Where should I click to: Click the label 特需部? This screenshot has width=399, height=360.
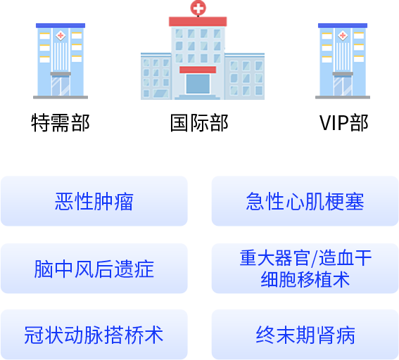click(x=61, y=123)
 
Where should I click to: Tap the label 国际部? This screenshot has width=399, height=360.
click(x=199, y=123)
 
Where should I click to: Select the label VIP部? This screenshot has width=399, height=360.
click(x=344, y=123)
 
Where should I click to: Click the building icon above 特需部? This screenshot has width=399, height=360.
click(x=61, y=61)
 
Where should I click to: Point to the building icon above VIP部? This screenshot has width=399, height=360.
click(x=343, y=61)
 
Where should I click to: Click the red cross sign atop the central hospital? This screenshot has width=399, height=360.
click(x=198, y=8)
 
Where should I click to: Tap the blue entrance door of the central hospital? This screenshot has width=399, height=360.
click(x=198, y=84)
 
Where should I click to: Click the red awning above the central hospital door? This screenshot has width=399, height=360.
click(x=198, y=70)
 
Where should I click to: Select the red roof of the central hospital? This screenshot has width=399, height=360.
click(x=198, y=22)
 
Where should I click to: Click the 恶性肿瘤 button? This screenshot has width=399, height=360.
click(x=94, y=201)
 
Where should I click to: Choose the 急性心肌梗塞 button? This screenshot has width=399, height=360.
click(x=305, y=201)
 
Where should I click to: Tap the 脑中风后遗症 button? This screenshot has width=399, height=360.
click(x=94, y=269)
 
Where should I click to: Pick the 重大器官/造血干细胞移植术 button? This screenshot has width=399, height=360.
click(x=305, y=269)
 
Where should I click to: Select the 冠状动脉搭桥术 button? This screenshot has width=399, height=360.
click(x=94, y=335)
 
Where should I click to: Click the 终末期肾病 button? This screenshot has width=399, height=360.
click(x=305, y=335)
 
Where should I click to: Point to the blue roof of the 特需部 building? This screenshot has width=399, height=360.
click(x=61, y=25)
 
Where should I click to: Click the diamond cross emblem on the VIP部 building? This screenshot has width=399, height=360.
click(x=343, y=35)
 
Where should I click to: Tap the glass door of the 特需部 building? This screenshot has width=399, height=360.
click(x=61, y=86)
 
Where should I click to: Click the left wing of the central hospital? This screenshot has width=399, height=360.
click(x=156, y=76)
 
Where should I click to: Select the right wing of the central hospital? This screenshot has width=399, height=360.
click(x=245, y=76)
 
